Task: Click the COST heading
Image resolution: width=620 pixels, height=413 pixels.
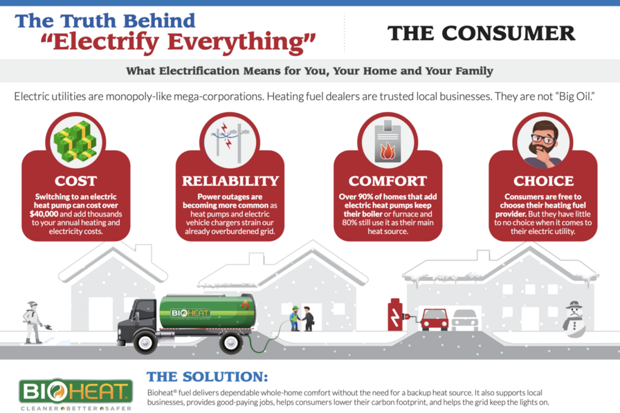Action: pos(75,181)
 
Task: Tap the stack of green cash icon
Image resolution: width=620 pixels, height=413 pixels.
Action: pos(75,142)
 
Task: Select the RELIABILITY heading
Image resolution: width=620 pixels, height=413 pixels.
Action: pos(230,181)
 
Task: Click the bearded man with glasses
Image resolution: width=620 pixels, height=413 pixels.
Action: pos(543,143)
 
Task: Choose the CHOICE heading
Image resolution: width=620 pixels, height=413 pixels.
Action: pos(543,181)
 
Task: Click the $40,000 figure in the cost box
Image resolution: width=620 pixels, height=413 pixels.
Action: pos(44,214)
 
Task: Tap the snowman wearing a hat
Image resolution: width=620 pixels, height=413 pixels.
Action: pos(574,320)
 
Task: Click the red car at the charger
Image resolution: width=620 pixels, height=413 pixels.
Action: pos(435,320)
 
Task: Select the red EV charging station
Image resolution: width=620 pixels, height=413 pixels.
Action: pos(395,315)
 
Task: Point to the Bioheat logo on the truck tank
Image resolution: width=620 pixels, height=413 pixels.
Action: pos(190,313)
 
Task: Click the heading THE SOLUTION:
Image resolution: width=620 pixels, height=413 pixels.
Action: pos(207,376)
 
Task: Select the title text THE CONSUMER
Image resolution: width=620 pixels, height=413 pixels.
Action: pos(481,33)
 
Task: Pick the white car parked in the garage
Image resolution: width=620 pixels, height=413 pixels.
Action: pos(465,320)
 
